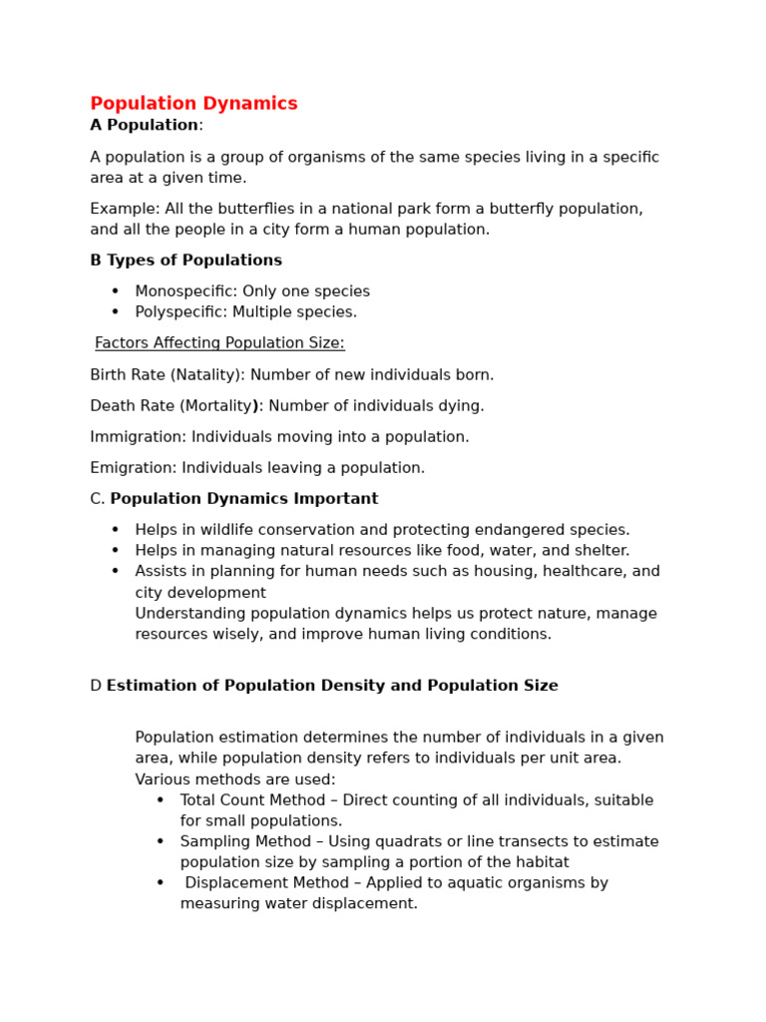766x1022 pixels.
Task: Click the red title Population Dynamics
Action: pyautogui.click(x=193, y=104)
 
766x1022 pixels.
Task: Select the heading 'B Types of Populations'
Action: pyautogui.click(x=186, y=260)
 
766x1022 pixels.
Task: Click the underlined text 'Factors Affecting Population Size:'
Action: pyautogui.click(x=219, y=343)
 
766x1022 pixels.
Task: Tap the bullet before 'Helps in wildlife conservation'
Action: pyautogui.click(x=115, y=530)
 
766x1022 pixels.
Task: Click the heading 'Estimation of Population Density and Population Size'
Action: pyautogui.click(x=332, y=686)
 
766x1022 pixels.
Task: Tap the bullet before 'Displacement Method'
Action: pyautogui.click(x=160, y=883)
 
